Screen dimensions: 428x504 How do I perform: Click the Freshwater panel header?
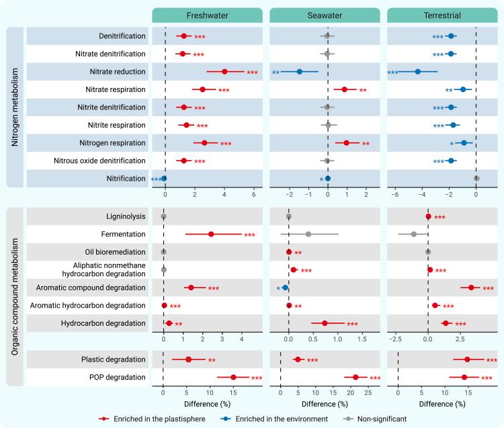pos(207,15)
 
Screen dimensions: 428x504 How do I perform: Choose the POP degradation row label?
pos(118,377)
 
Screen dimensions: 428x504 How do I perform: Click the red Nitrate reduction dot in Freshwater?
pos(224,71)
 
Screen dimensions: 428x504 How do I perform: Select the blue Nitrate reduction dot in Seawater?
pos(300,71)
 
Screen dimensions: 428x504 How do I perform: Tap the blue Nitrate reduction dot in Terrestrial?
pos(417,71)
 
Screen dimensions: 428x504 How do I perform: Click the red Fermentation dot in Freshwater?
pos(211,234)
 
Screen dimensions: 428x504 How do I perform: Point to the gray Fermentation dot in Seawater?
pos(308,234)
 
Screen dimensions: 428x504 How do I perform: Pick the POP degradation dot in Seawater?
pos(355,377)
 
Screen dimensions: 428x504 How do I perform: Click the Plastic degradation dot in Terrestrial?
pos(467,359)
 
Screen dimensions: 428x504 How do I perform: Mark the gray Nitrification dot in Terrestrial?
pos(476,178)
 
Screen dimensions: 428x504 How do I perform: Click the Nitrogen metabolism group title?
pos(15,107)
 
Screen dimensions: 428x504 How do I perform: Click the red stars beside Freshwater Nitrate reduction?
pos(252,73)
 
